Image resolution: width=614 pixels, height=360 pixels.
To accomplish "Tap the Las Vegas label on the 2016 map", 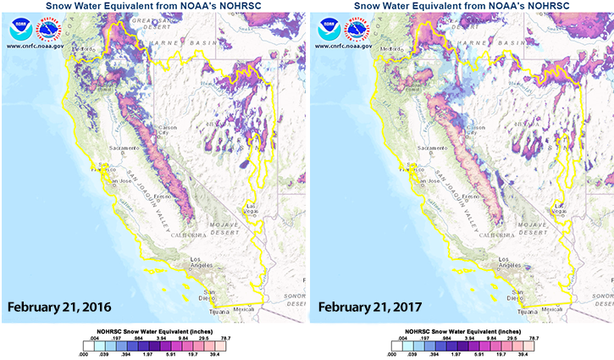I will point(253,208).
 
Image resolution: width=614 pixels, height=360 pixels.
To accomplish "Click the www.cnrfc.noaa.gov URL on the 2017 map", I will point(345,46).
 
